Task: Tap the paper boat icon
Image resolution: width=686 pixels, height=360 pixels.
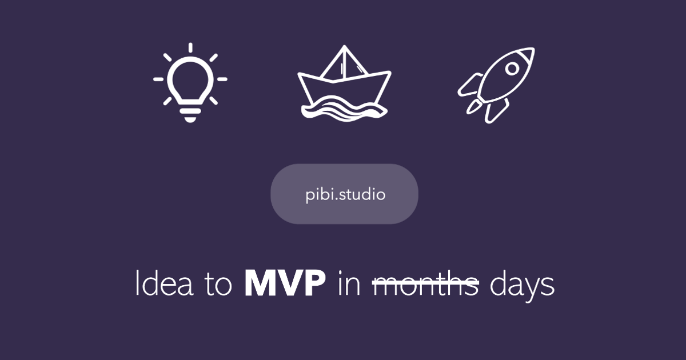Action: click(x=344, y=83)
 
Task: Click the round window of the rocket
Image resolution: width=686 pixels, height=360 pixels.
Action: click(x=513, y=69)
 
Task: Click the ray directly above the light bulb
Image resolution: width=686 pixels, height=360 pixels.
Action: click(x=190, y=48)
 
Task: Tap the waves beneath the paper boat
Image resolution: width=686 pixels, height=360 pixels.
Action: click(x=344, y=107)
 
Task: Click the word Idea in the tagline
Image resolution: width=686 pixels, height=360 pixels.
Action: click(x=163, y=285)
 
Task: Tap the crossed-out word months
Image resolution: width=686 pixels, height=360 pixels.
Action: click(x=425, y=285)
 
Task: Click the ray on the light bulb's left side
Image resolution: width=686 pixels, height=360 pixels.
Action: click(x=158, y=79)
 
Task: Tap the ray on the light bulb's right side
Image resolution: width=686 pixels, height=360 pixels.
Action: click(x=222, y=79)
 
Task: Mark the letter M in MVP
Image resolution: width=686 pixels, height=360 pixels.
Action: click(x=258, y=285)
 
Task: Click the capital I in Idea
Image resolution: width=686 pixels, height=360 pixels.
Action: click(x=137, y=285)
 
